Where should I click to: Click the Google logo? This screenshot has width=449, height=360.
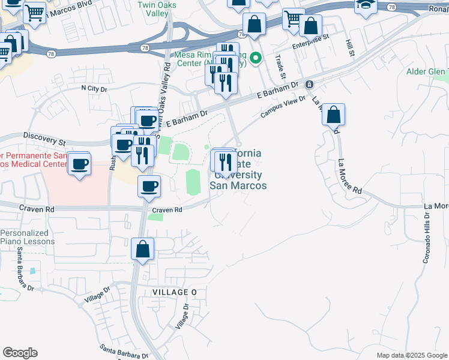click(20, 353)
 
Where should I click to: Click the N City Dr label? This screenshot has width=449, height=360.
click(94, 89)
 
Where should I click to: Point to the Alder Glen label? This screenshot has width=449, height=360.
click(427, 72)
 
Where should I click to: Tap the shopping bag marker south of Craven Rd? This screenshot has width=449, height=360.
click(143, 249)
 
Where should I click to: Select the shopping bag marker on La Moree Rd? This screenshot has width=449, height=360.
click(333, 114)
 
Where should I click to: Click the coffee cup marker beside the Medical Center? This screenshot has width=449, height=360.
click(79, 164)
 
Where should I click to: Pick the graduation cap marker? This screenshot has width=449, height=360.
click(366, 6)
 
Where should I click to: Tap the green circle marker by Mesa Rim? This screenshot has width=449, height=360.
click(256, 58)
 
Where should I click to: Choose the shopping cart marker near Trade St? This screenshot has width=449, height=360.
click(294, 19)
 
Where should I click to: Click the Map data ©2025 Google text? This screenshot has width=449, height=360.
click(412, 355)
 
